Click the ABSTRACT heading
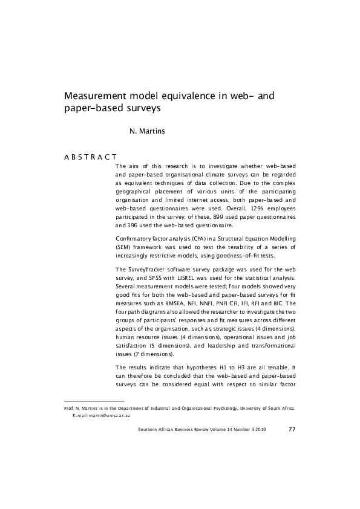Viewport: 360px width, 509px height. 90,157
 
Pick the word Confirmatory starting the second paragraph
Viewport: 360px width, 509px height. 134,239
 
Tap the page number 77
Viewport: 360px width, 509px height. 292,429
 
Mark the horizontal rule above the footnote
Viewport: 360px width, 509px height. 94,401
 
